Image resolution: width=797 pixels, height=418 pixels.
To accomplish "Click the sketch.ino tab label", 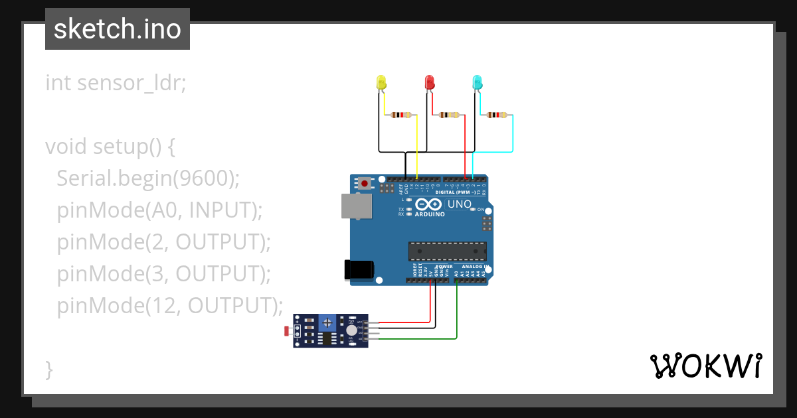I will [118, 29].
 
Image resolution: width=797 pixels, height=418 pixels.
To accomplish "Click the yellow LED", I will [381, 82].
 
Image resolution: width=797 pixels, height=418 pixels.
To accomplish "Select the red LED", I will [429, 82].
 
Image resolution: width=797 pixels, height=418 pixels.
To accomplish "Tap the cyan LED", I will [477, 82].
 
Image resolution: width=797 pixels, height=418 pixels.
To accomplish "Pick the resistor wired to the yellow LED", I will [401, 115].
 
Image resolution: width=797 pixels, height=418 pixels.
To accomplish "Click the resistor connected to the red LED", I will [449, 115].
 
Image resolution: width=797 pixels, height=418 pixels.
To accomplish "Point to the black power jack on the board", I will [359, 269].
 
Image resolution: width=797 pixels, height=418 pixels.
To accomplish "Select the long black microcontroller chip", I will [447, 251].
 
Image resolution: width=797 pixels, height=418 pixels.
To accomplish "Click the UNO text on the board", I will [460, 204].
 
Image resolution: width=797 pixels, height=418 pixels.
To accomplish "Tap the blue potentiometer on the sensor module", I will [327, 322].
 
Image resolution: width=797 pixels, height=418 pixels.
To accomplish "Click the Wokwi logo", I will [705, 366].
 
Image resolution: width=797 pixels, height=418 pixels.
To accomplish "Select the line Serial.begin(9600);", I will [147, 178].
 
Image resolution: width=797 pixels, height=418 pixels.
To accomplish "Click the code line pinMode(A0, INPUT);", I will [160, 210].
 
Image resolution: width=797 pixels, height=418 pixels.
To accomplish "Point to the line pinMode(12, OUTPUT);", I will [170, 305].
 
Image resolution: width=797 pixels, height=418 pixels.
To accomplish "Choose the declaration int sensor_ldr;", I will [116, 83].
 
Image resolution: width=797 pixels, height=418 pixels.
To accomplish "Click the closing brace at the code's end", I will [48, 369].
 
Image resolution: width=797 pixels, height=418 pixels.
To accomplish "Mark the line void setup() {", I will [110, 146].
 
